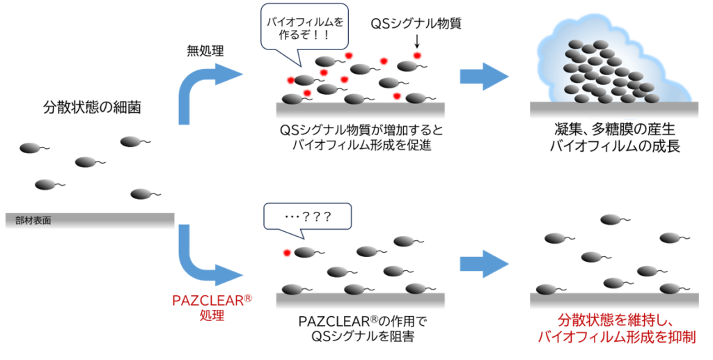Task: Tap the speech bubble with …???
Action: coord(308,217)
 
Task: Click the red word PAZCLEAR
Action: coord(208,301)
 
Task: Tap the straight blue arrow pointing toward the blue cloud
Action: coord(485,76)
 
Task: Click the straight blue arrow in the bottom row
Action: coord(485,264)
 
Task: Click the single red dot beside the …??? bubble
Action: coord(286,253)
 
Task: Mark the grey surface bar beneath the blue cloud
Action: coord(613,110)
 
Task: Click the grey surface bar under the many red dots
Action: coord(360,111)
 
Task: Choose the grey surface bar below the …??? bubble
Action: coord(360,301)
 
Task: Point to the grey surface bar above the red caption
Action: coord(613,301)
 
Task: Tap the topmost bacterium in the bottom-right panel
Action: coord(611,219)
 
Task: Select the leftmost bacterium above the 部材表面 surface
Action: coord(30,148)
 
